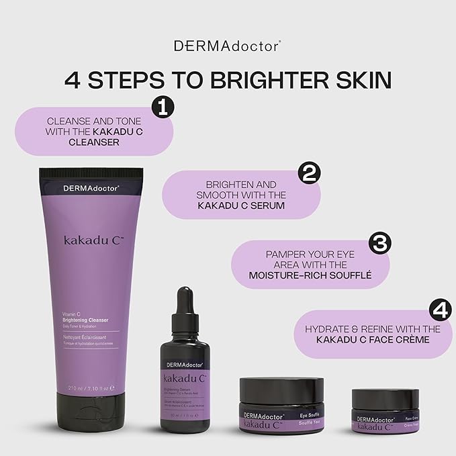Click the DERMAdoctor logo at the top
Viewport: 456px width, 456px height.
click(x=227, y=46)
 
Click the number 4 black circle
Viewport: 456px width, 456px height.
click(x=439, y=310)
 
